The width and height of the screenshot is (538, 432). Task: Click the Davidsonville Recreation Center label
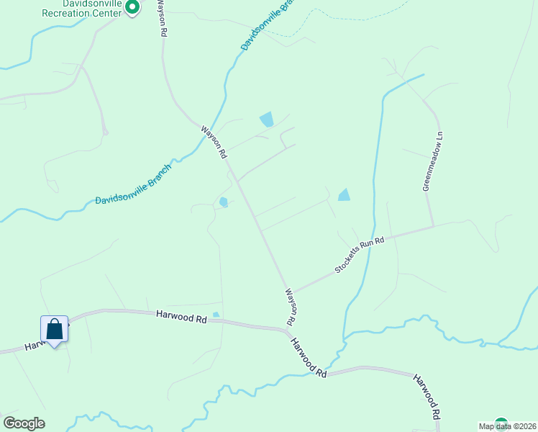point(81,9)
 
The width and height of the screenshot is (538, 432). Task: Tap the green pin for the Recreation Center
point(132,8)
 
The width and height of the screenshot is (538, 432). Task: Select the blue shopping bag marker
point(55,330)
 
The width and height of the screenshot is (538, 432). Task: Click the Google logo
point(24,423)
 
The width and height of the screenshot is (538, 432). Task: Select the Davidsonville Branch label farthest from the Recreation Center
point(134,183)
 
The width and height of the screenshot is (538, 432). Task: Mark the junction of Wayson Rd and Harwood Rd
point(290,330)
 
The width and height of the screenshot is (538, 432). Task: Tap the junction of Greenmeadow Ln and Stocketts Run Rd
point(434,226)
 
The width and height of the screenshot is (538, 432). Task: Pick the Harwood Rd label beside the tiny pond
point(181,315)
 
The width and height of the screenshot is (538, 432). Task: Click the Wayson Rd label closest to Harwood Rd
point(291,307)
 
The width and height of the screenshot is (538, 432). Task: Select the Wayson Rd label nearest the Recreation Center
point(163,19)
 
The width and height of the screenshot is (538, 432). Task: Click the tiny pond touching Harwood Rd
point(216,315)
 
